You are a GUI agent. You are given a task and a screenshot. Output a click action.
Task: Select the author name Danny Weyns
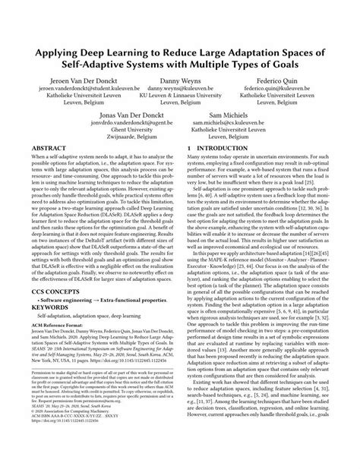point(180,99)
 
